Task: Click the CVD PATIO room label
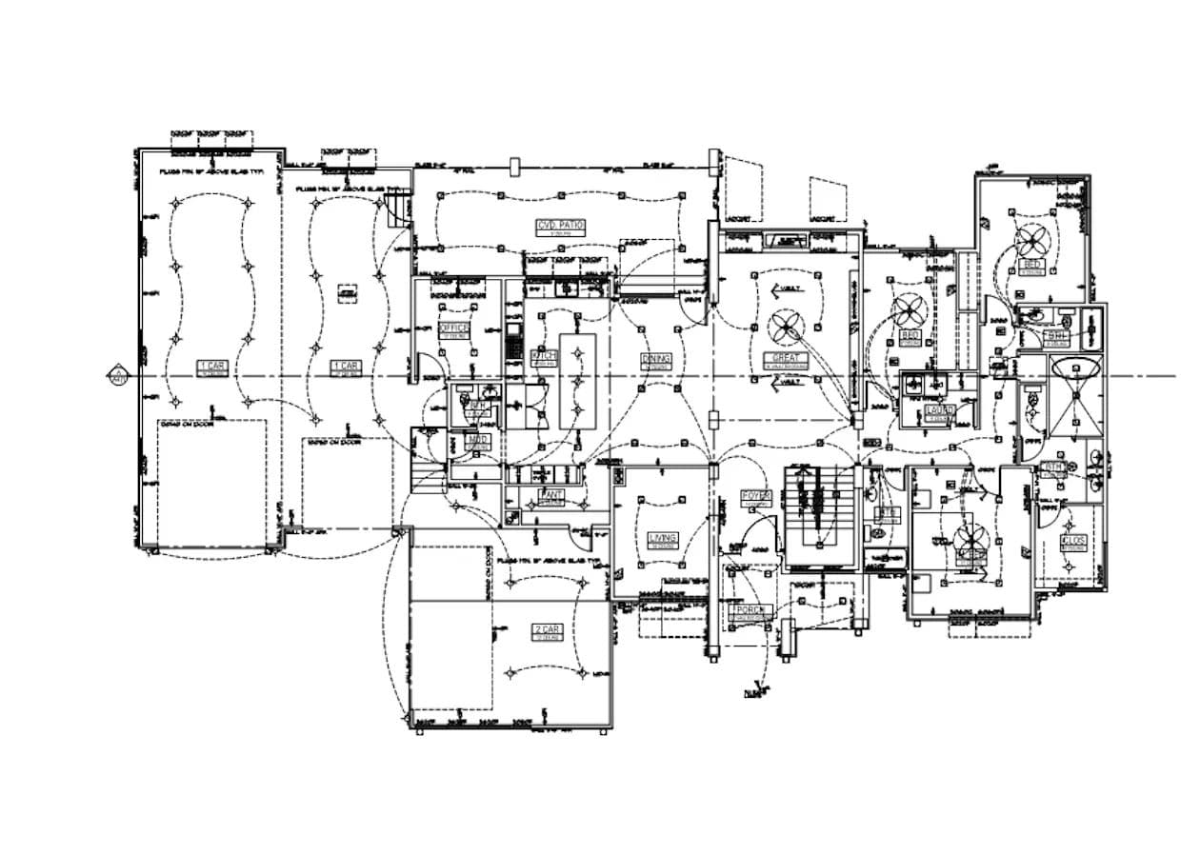click(x=560, y=226)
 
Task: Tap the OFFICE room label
click(x=453, y=328)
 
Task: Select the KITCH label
click(x=543, y=356)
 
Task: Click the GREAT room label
click(x=789, y=359)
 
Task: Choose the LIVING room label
click(x=662, y=539)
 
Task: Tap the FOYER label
click(x=755, y=496)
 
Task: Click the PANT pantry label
click(x=550, y=495)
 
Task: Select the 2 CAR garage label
click(x=548, y=630)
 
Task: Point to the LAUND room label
click(x=939, y=410)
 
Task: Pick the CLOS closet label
click(x=1073, y=541)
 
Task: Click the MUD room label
click(x=477, y=440)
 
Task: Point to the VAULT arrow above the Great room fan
click(x=789, y=288)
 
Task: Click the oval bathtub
click(x=1075, y=369)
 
